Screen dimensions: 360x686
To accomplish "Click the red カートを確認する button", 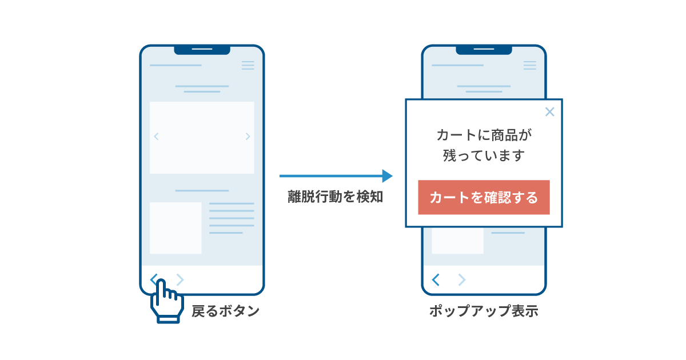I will [484, 198].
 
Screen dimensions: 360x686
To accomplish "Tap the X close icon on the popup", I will [549, 112].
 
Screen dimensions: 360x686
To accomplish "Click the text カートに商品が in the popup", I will [484, 135].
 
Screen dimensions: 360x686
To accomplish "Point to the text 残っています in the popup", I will [484, 155].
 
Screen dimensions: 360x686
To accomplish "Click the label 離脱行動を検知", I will [335, 198].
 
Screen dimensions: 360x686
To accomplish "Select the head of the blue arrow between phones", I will [387, 176].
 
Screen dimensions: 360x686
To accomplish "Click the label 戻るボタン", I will [225, 311].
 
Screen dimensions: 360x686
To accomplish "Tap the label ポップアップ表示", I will [484, 312].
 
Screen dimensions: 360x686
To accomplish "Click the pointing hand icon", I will [166, 301].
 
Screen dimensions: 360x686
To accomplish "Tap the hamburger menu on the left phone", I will [248, 65].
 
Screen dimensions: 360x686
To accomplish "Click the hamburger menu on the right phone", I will [530, 65].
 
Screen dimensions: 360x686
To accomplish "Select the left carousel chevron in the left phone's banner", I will [156, 137].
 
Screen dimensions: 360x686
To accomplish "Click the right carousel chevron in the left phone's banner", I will [248, 137].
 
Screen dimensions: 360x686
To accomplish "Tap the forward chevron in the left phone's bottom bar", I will [180, 279].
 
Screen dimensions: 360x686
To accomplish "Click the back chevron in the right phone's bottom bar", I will [436, 279].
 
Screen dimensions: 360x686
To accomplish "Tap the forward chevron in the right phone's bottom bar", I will [462, 279].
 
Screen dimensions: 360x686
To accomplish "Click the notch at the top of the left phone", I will [202, 50].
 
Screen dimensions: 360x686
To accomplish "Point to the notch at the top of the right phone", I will [484, 50].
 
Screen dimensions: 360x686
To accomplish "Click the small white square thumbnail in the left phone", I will [176, 228].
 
